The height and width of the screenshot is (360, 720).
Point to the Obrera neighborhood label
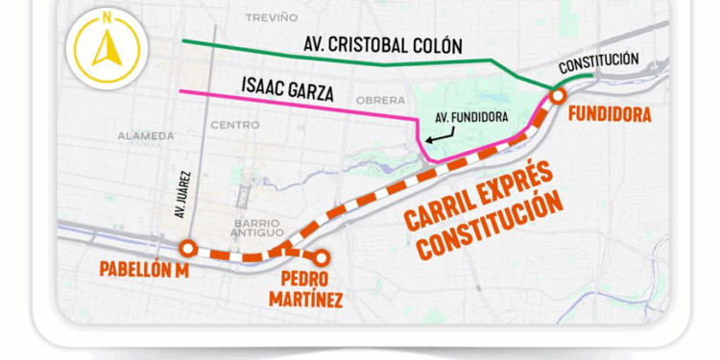click(x=380, y=101)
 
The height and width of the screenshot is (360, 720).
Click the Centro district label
click(x=234, y=125)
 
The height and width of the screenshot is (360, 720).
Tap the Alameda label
click(x=146, y=136)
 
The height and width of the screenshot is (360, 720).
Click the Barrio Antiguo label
click(x=256, y=228)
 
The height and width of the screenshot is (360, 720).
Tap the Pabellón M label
click(x=143, y=270)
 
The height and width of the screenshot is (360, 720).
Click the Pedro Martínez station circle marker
click(x=323, y=257)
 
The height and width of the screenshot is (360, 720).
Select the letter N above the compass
click(x=107, y=17)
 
